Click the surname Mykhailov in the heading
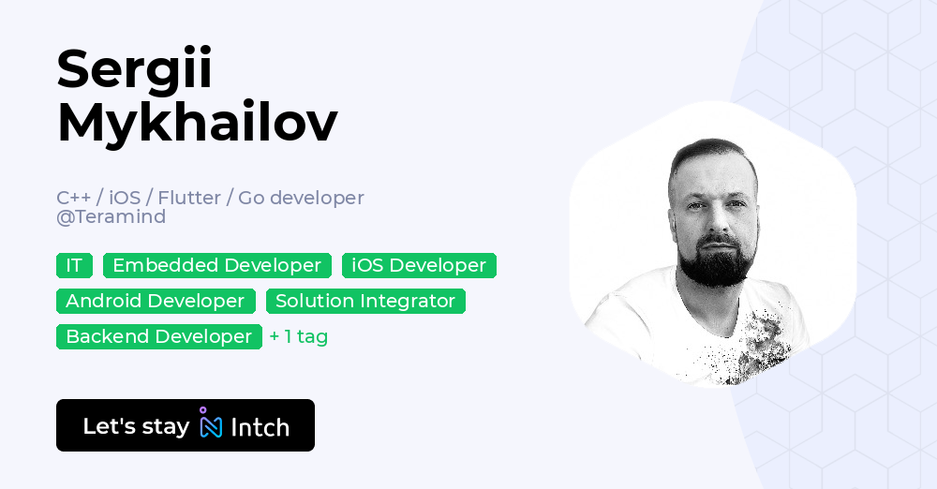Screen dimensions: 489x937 coord(197,123)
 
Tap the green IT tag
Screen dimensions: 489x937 coord(74,265)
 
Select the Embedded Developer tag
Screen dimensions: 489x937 coord(216,265)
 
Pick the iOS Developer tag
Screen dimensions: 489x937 coord(419,265)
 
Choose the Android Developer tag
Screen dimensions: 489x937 coord(156,301)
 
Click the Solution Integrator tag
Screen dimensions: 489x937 coord(365,301)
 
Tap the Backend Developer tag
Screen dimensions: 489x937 coord(159,336)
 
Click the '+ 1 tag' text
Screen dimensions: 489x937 coord(298,336)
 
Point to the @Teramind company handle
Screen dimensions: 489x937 coord(111,216)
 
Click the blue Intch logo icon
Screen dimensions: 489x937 coord(211,424)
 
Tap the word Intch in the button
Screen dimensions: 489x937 coord(260,427)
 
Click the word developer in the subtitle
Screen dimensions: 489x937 coord(319,198)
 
